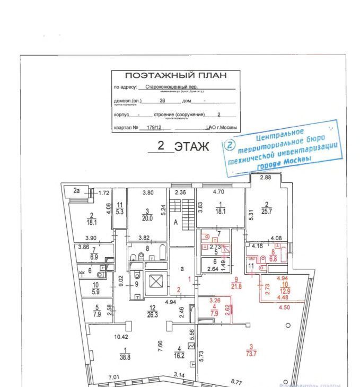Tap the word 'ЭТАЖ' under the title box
191,147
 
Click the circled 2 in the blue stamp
230,145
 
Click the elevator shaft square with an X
155,281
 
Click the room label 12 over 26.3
153,311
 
